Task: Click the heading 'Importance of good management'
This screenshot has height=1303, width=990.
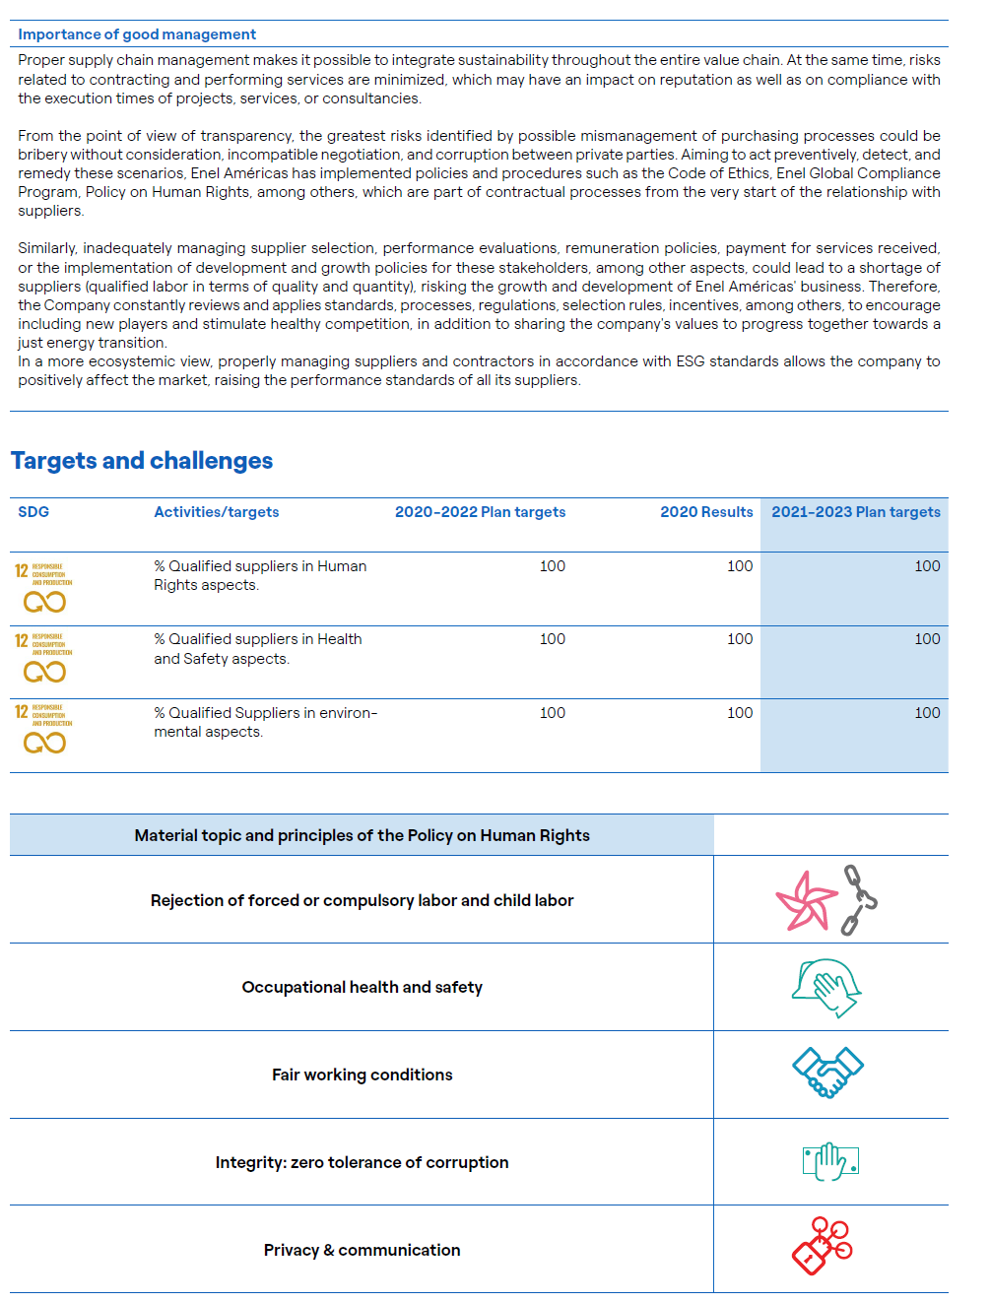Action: [137, 34]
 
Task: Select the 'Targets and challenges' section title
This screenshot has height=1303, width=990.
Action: [142, 461]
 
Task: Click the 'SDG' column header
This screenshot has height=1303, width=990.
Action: [33, 512]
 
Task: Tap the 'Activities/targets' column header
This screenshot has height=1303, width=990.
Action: [217, 512]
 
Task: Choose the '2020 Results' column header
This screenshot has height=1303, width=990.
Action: [706, 512]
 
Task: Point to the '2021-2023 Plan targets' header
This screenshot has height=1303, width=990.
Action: [855, 512]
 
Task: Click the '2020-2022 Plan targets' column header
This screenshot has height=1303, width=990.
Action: [480, 512]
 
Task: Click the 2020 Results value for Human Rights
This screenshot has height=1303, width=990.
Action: [740, 566]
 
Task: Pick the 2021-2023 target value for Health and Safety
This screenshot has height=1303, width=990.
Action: [927, 639]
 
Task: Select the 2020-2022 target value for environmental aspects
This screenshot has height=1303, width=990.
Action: [553, 713]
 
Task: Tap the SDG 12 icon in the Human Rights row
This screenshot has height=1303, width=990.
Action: [43, 588]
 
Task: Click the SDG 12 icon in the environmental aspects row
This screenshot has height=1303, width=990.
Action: [43, 729]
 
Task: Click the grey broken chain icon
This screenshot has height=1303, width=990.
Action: [858, 899]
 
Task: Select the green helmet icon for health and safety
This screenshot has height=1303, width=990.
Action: [827, 987]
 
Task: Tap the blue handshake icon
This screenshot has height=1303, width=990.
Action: [827, 1073]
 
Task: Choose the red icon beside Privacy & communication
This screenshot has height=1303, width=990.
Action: [823, 1246]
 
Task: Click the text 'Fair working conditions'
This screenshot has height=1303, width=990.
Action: [362, 1075]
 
